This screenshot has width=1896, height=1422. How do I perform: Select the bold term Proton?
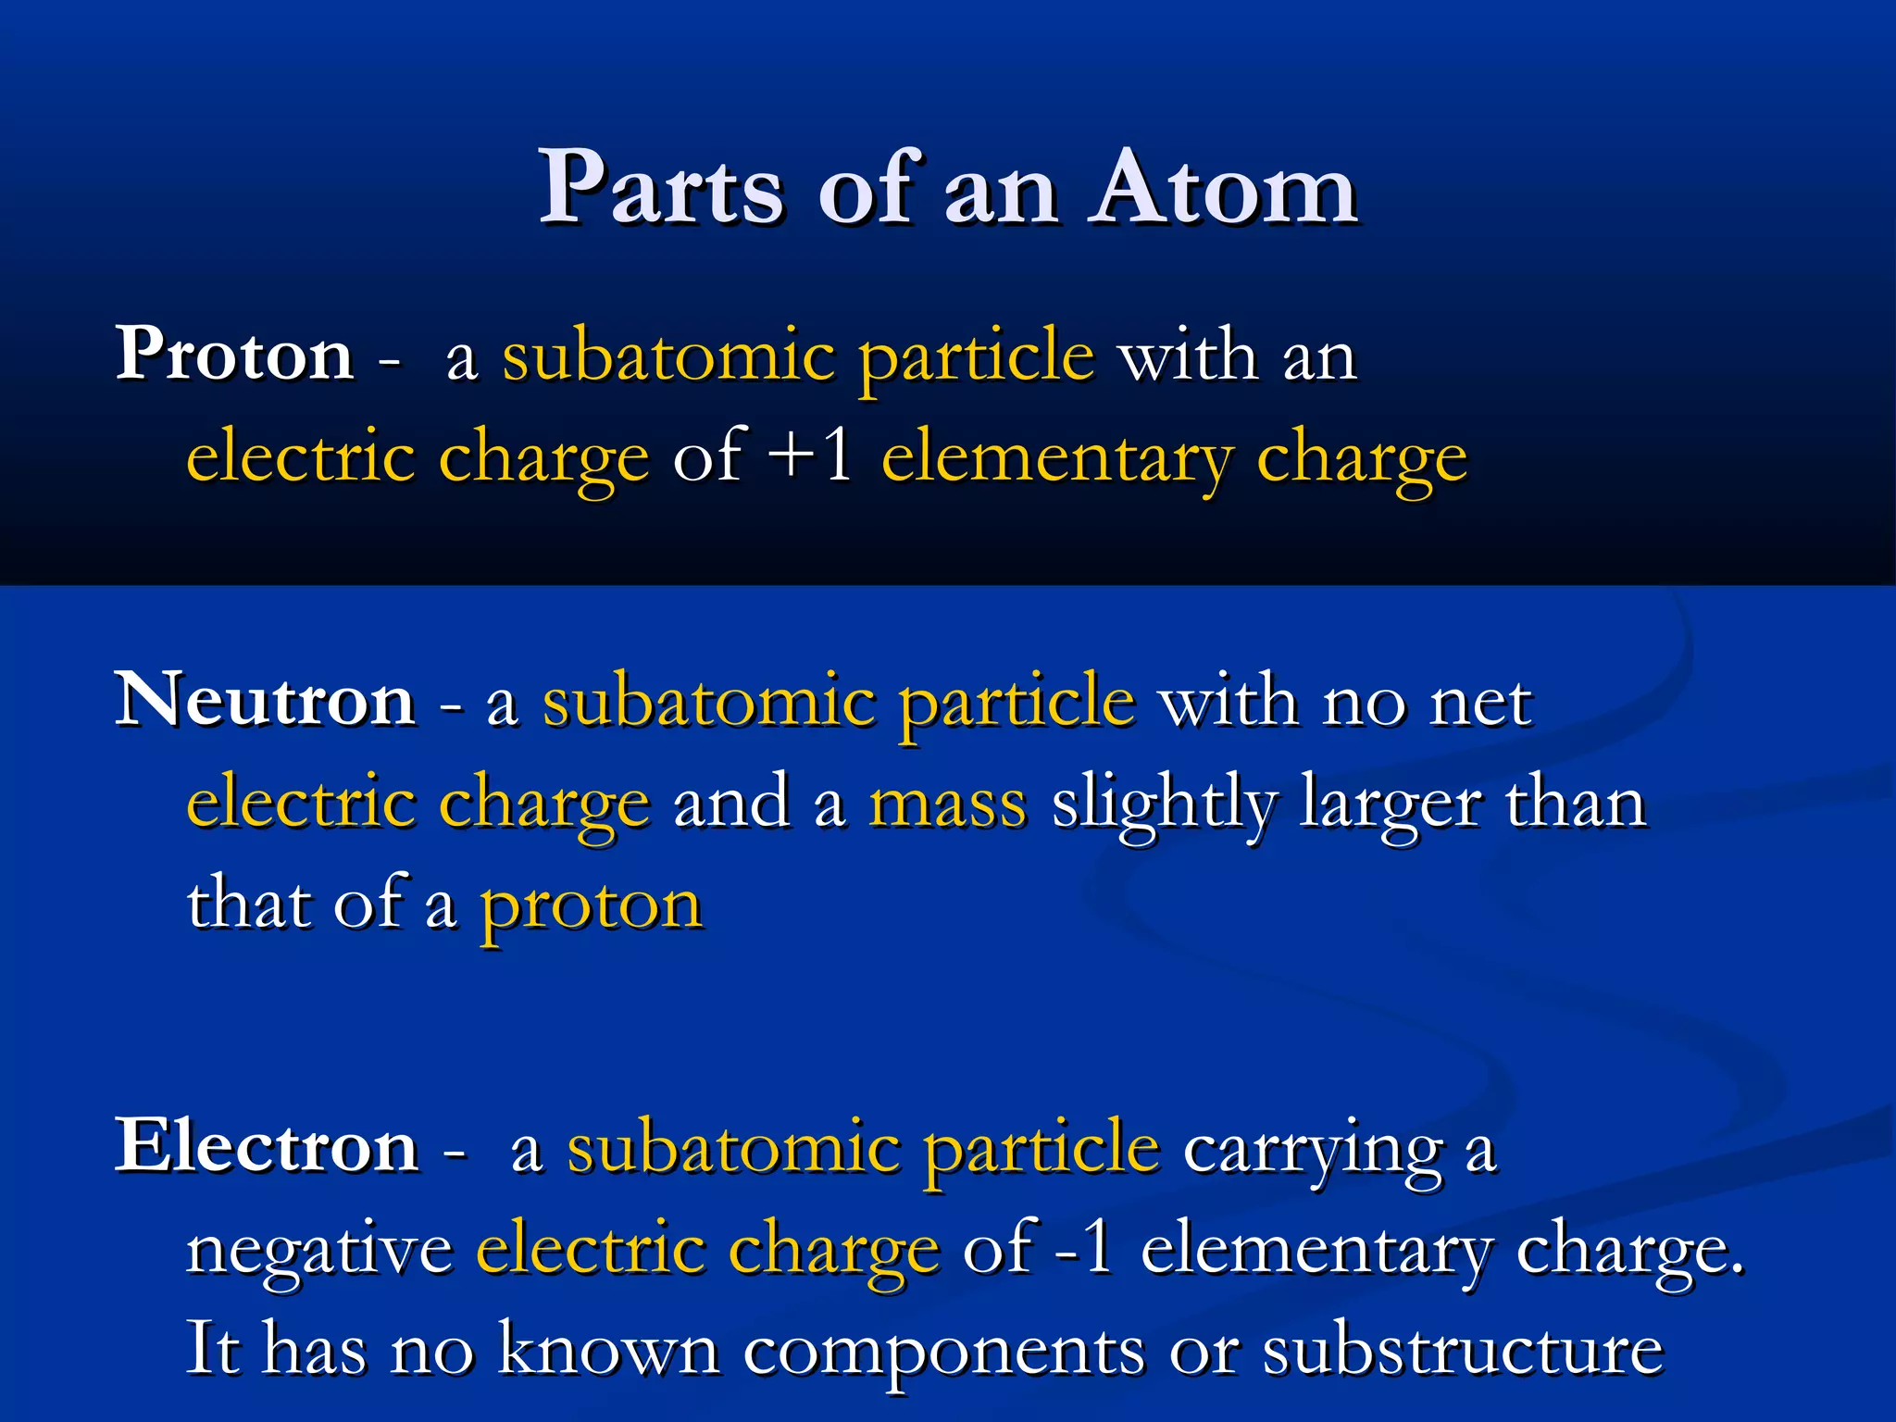click(234, 355)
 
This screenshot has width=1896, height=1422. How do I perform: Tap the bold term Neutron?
click(265, 701)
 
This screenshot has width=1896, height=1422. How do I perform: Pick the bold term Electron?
click(267, 1147)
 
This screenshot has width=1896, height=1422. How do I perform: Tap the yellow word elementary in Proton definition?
click(1055, 459)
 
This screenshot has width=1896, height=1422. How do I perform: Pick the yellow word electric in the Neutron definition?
click(300, 803)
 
